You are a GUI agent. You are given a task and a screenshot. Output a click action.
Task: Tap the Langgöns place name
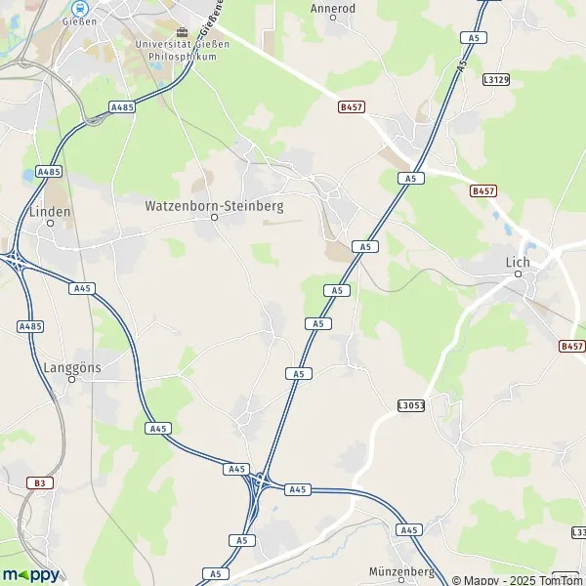(x=71, y=367)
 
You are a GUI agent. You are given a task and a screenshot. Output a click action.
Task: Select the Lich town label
(x=518, y=262)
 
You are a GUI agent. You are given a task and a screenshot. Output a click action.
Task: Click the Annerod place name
(x=332, y=8)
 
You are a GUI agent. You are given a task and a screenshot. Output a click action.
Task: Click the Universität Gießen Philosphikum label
(x=184, y=51)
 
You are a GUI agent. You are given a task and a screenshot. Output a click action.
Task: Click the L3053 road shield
(x=411, y=404)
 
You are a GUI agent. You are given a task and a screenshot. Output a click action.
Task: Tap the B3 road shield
(x=39, y=482)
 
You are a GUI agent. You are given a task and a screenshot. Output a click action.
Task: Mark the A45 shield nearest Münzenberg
(x=408, y=530)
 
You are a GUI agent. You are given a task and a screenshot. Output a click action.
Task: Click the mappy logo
(x=30, y=574)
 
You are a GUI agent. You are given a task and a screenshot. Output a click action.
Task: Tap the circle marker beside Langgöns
(x=71, y=379)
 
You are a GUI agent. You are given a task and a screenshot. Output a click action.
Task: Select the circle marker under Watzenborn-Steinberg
(x=214, y=217)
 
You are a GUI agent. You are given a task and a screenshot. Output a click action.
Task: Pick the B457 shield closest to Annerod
(x=350, y=105)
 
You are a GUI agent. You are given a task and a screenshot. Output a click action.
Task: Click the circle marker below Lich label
(x=519, y=274)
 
